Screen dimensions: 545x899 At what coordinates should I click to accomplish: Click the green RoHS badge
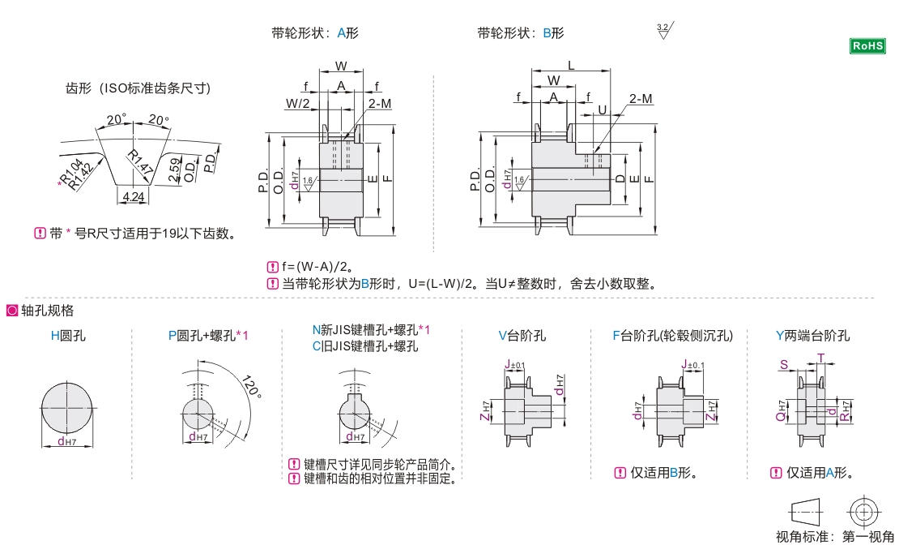(x=867, y=45)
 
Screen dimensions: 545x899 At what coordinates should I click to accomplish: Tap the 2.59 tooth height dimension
(x=175, y=169)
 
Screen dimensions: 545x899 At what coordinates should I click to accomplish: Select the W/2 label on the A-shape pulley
(x=297, y=103)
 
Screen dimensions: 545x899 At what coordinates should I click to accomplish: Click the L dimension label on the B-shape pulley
(x=571, y=64)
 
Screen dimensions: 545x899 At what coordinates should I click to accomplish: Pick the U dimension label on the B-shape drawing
(x=602, y=110)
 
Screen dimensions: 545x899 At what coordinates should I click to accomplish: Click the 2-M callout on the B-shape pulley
(x=641, y=98)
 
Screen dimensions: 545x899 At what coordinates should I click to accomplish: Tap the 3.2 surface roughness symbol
(x=664, y=31)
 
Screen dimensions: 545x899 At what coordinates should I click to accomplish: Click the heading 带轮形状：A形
(x=315, y=33)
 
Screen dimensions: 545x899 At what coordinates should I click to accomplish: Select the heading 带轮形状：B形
(x=521, y=33)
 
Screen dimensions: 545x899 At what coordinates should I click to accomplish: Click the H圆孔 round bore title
(x=68, y=335)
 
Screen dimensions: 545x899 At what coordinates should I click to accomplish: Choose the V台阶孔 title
(x=522, y=335)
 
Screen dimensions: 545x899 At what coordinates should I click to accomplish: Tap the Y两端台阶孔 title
(x=812, y=335)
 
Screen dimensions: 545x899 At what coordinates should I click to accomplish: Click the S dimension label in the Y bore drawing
(x=784, y=365)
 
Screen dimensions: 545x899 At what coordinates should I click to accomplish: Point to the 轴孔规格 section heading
(x=47, y=310)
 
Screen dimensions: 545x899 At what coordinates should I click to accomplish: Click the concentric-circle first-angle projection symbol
(x=863, y=511)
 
